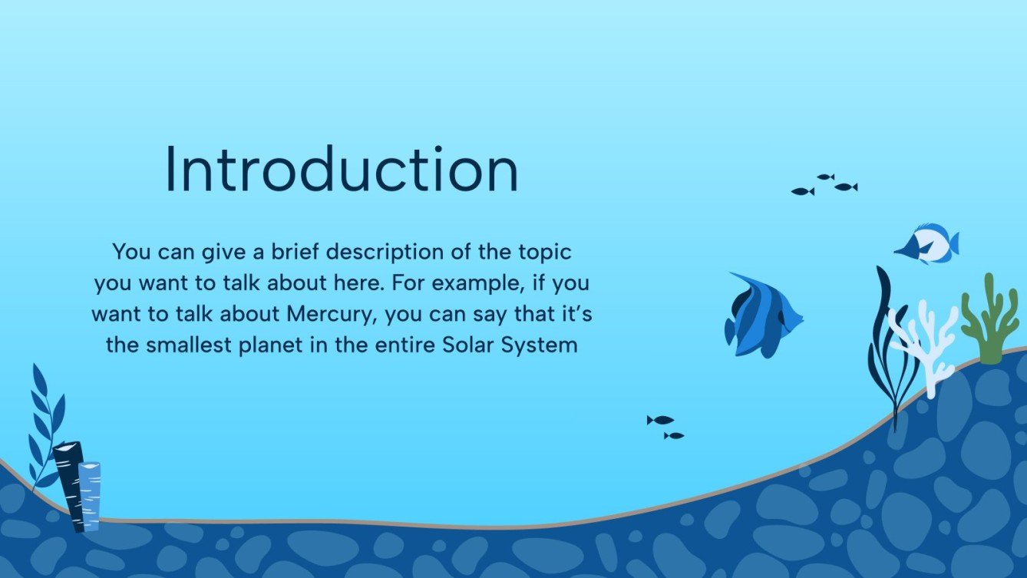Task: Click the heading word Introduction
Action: (x=342, y=170)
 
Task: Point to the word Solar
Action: (x=469, y=345)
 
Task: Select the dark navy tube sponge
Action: (x=71, y=484)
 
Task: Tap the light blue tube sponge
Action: (x=90, y=495)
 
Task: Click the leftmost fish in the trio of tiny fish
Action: (x=802, y=191)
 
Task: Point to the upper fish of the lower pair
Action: (x=660, y=420)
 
